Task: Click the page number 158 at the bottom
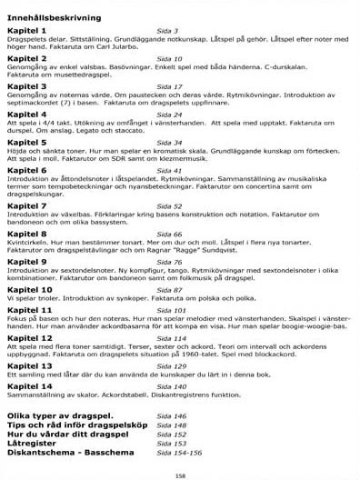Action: [180, 474]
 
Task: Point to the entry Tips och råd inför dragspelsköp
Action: [78, 424]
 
